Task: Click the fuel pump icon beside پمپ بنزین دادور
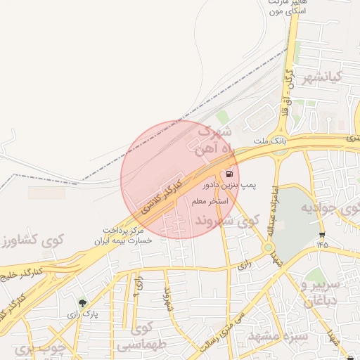[x=229, y=174]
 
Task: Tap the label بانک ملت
[x=271, y=141]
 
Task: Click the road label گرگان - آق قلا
[x=287, y=81]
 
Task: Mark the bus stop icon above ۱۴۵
[x=322, y=235]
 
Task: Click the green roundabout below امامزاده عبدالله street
[x=268, y=247]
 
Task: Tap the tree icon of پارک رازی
[x=83, y=304]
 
